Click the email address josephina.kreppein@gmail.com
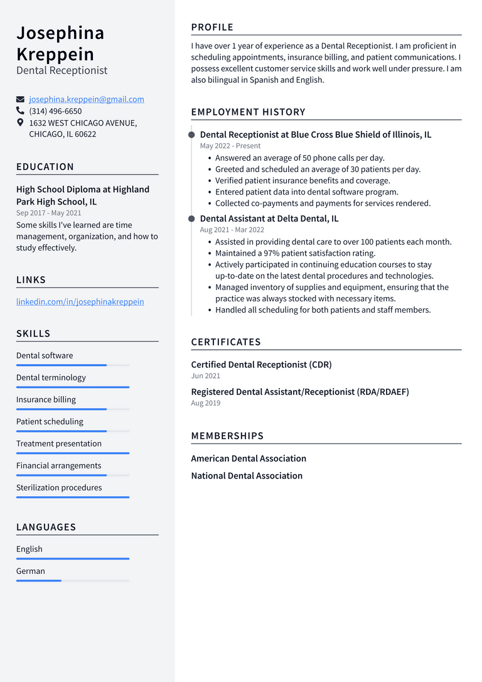[x=87, y=99]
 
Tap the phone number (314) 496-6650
[x=55, y=111]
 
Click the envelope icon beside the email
[x=21, y=99]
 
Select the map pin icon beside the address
[x=21, y=122]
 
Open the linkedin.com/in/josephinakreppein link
[x=80, y=301]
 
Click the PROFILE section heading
[x=212, y=27]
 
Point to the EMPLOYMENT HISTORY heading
[x=248, y=112]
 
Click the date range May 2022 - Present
[x=230, y=146]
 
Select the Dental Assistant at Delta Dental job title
[x=269, y=219]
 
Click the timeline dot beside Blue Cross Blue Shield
[x=191, y=134]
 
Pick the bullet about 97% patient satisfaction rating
[x=295, y=253]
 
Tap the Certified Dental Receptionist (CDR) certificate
[x=261, y=364]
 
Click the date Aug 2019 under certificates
[x=205, y=403]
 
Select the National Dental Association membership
[x=247, y=476]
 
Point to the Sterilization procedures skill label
[x=59, y=487]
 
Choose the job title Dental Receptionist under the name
[x=62, y=70]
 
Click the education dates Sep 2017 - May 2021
[x=48, y=213]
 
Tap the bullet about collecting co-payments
[x=323, y=203]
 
